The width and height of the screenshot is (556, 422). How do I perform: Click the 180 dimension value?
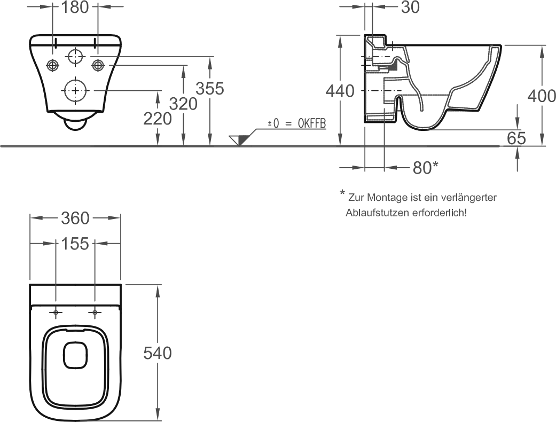[x=75, y=7]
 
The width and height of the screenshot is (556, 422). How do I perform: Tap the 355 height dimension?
[x=210, y=89]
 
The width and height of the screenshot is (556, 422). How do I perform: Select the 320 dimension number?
[x=183, y=104]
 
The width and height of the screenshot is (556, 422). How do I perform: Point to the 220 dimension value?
[x=158, y=119]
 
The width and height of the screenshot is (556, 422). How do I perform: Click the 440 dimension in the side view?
[x=340, y=91]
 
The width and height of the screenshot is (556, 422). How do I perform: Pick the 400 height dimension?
[x=542, y=96]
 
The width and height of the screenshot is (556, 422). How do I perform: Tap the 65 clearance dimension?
[x=516, y=138]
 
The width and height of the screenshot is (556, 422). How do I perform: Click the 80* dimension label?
[x=426, y=167]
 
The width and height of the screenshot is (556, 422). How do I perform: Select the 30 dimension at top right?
[x=410, y=7]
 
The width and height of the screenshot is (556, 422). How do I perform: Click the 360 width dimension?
[x=75, y=218]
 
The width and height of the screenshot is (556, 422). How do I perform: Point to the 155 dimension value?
[x=75, y=244]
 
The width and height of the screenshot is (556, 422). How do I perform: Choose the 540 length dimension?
[x=158, y=353]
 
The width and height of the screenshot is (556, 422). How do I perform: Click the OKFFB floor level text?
[x=312, y=123]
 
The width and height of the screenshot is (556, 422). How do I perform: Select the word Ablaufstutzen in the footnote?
[x=378, y=213]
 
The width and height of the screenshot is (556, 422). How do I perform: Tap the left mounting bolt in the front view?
[x=52, y=65]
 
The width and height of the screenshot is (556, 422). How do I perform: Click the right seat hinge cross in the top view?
[x=95, y=312]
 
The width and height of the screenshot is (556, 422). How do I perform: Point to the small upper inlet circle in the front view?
[x=75, y=57]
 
